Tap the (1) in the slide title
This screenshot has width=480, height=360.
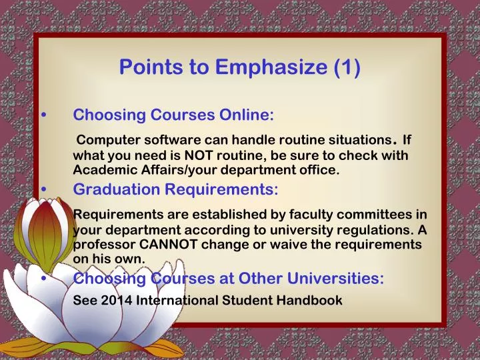click(x=345, y=67)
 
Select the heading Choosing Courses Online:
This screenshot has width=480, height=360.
click(x=173, y=115)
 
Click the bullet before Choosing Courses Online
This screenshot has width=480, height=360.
click(x=44, y=115)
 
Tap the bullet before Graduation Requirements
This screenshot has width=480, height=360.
click(x=44, y=190)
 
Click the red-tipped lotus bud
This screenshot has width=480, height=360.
click(x=44, y=227)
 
